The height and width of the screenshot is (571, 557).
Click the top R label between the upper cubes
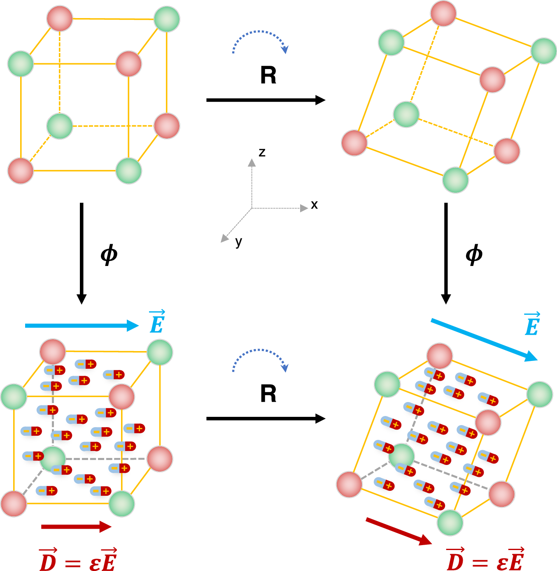268,75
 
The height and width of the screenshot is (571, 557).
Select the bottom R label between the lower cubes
268,394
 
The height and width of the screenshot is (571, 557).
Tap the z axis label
262,153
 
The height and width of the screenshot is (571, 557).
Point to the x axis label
314,205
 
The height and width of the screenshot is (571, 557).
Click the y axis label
238,242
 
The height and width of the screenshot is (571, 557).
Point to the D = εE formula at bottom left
78,560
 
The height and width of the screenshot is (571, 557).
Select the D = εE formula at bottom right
485,560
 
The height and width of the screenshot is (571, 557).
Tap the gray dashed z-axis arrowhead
252,162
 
